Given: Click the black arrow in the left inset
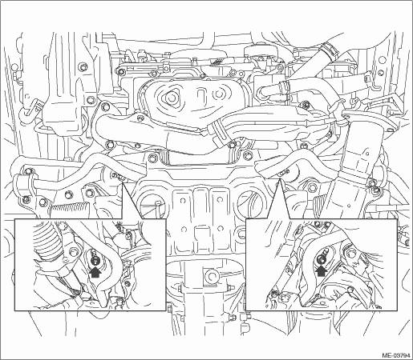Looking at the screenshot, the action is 95,272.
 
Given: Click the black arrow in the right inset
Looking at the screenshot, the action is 322,271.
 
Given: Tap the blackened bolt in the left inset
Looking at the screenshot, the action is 94,261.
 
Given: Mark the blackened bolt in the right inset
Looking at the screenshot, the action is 321,258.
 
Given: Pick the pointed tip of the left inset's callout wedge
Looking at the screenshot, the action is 123,183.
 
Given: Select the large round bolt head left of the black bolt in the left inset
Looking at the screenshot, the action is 73,251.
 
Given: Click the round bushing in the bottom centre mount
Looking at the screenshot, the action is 211,277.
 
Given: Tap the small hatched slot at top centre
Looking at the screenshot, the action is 216,62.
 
